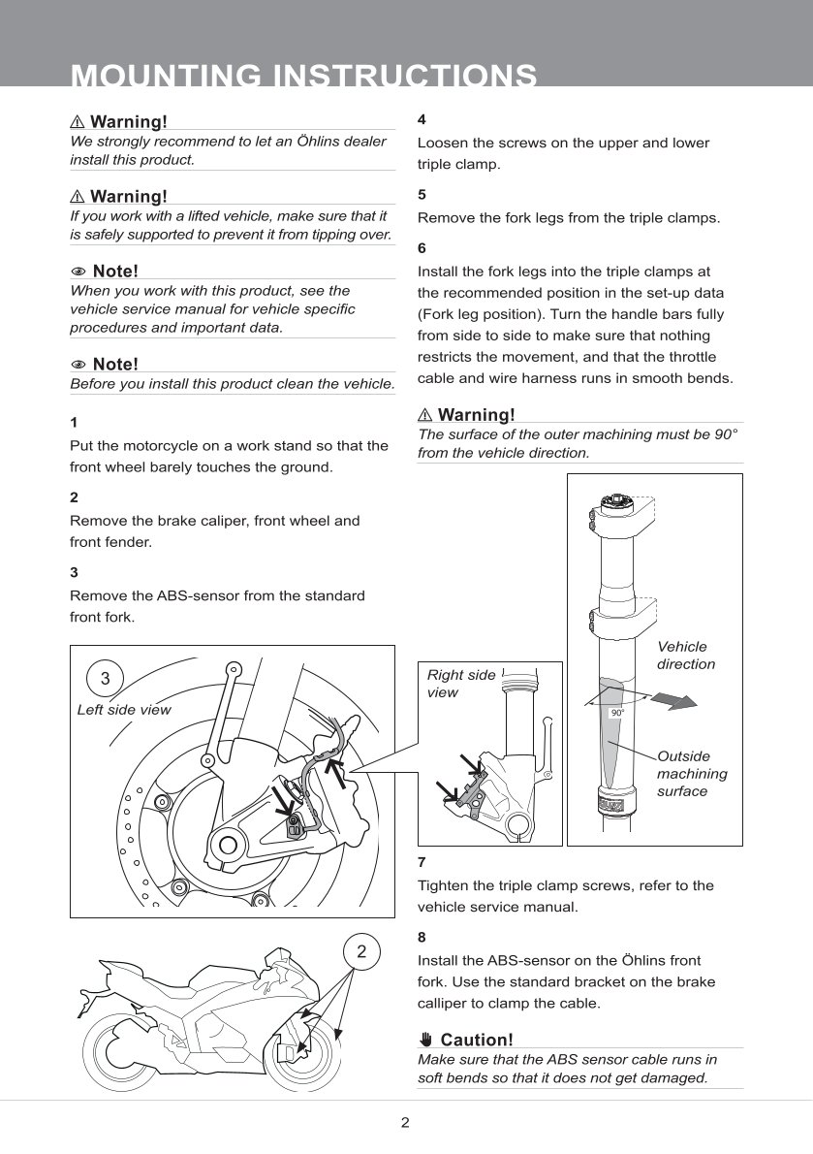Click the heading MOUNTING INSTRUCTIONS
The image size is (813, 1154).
click(304, 76)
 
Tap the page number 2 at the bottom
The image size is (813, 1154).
click(406, 1123)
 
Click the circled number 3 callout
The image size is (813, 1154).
click(106, 677)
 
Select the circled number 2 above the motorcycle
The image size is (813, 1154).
click(361, 952)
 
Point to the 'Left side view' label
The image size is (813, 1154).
click(123, 710)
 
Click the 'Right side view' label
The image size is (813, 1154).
click(460, 683)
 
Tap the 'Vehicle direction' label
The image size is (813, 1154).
click(685, 656)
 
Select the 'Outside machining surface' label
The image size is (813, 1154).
click(691, 774)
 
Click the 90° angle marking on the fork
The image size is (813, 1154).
click(616, 713)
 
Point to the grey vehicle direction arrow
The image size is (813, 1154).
click(674, 700)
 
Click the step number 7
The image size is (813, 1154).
click(422, 861)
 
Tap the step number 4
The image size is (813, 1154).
click(422, 120)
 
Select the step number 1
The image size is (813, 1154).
click(74, 423)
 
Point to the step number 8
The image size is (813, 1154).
click(422, 938)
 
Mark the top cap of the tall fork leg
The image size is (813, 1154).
click(615, 502)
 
